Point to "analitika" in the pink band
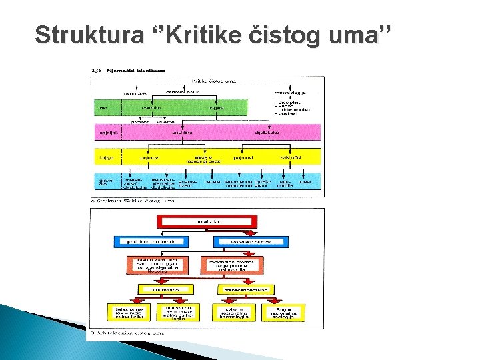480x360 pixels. pyautogui.click(x=181, y=133)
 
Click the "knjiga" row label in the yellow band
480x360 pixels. pyautogui.click(x=104, y=158)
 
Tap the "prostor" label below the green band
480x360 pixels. pyautogui.click(x=139, y=122)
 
